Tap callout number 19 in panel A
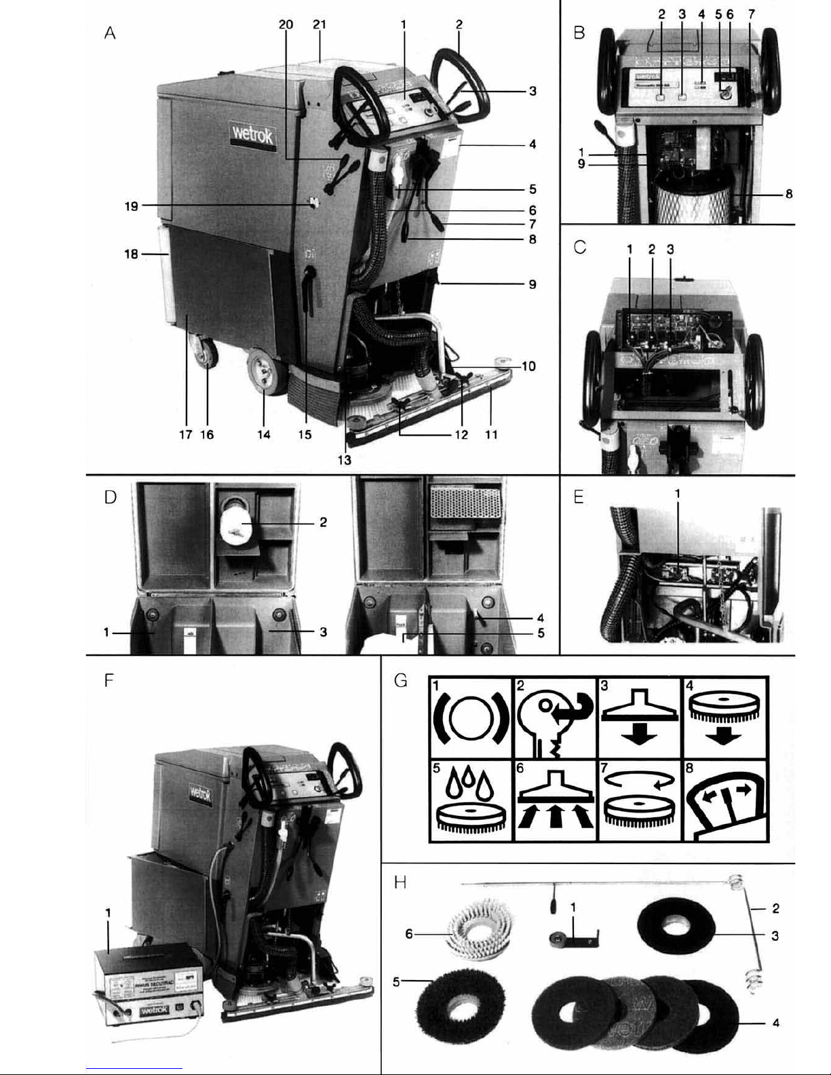131,206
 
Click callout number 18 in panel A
131,254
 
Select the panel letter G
401,680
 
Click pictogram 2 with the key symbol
555,718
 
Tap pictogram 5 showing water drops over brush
471,800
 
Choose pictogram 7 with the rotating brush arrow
638,800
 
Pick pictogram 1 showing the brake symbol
471,718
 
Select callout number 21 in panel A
320,24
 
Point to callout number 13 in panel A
345,459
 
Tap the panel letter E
578,497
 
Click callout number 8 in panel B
789,194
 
